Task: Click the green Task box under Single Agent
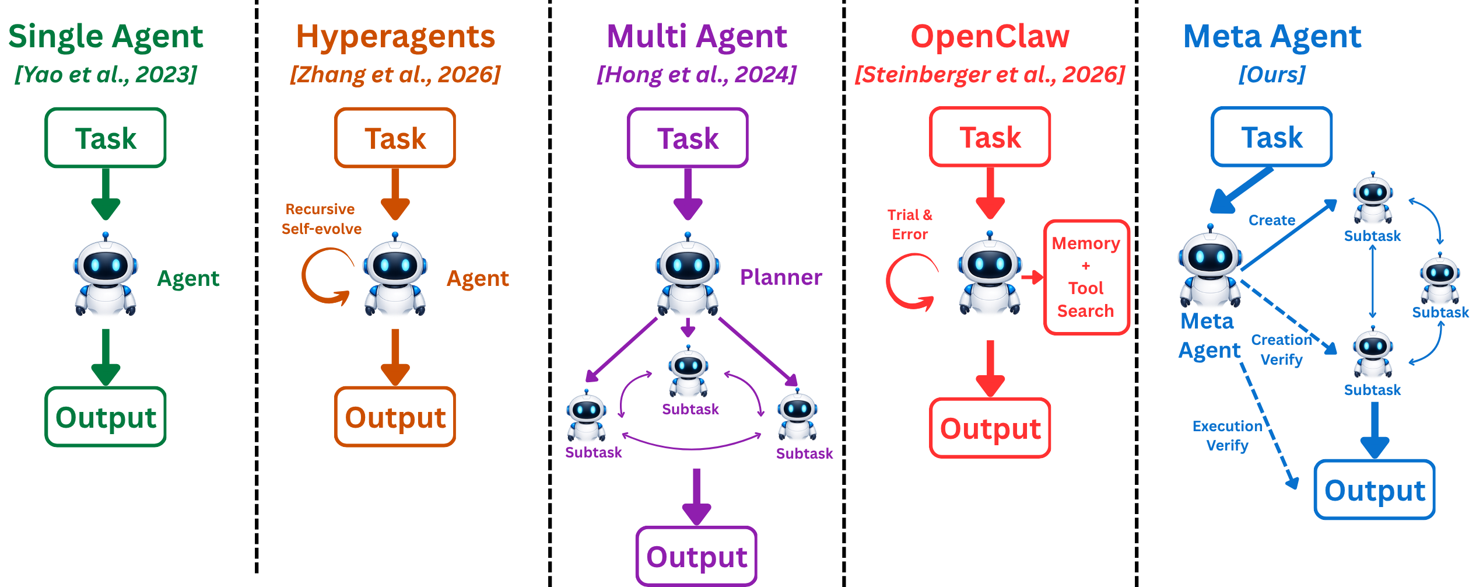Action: pyautogui.click(x=106, y=138)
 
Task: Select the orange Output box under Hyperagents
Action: pyautogui.click(x=395, y=417)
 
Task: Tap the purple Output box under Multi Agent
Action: pyautogui.click(x=697, y=556)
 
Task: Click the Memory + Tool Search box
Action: pyautogui.click(x=1086, y=277)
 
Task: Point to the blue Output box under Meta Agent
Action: pyautogui.click(x=1375, y=490)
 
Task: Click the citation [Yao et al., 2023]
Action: pyautogui.click(x=106, y=75)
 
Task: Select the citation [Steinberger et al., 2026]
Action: pyautogui.click(x=990, y=75)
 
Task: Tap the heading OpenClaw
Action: pyautogui.click(x=990, y=36)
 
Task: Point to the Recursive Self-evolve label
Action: pyautogui.click(x=321, y=219)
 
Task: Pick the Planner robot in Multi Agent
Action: pyautogui.click(x=688, y=274)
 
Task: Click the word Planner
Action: pyautogui.click(x=781, y=277)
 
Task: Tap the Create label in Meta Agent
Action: pyautogui.click(x=1272, y=221)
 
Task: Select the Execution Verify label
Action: pyautogui.click(x=1228, y=436)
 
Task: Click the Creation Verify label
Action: pyautogui.click(x=1282, y=350)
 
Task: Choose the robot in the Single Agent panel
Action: pyautogui.click(x=106, y=274)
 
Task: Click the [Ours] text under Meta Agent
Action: pyautogui.click(x=1272, y=75)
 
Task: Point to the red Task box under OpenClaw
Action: pyautogui.click(x=990, y=137)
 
